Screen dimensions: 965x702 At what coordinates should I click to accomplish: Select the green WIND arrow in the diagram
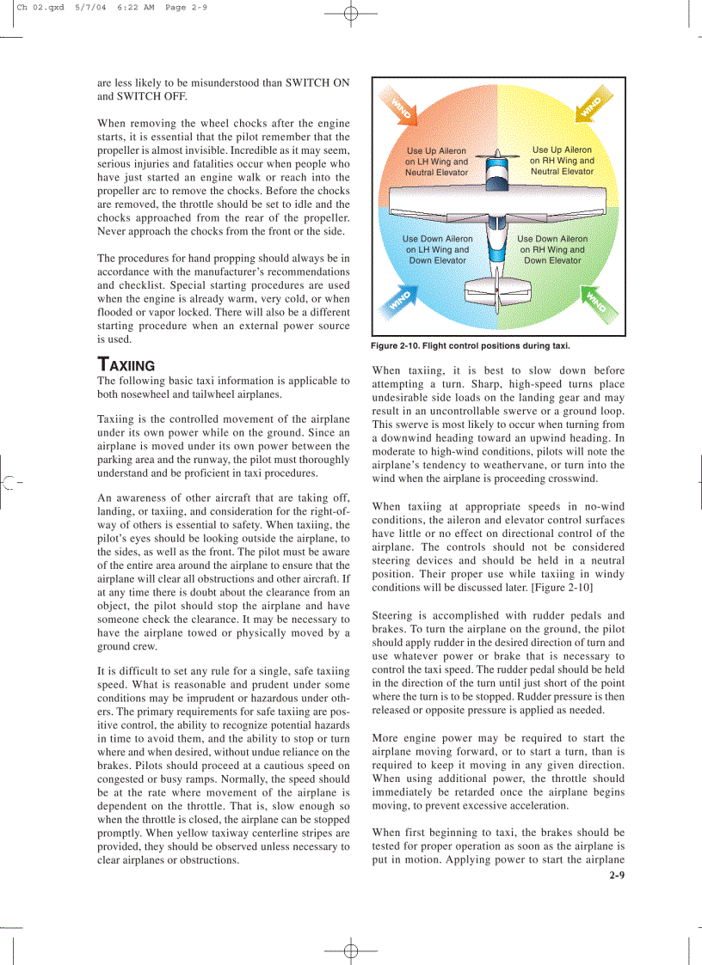coord(594,301)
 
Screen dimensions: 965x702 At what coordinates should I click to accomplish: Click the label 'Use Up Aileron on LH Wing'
coord(436,162)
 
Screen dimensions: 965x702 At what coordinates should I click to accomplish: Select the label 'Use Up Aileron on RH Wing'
coord(562,161)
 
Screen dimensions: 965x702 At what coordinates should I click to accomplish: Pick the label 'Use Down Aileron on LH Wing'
coord(437,249)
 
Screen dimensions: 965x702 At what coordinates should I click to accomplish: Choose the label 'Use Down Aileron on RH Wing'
coord(552,249)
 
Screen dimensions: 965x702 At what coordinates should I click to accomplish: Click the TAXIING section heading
coord(126,364)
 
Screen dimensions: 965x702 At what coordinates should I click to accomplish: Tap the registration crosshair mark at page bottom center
coord(350,950)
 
